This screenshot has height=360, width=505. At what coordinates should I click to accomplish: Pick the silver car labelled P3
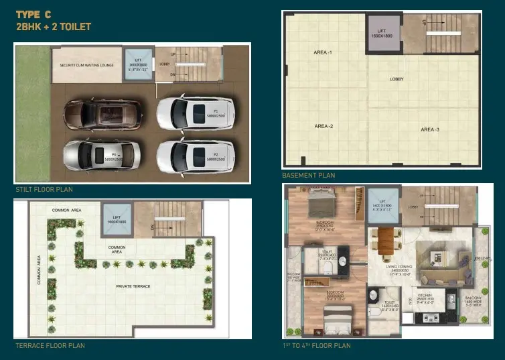[x=102, y=156]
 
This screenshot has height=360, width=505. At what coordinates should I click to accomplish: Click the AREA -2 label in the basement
[x=323, y=126]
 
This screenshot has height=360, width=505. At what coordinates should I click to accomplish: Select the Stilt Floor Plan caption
[x=44, y=190]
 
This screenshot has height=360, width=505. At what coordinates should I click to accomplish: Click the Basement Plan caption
[x=308, y=175]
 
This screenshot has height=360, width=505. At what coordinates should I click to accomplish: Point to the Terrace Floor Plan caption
[x=50, y=346]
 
